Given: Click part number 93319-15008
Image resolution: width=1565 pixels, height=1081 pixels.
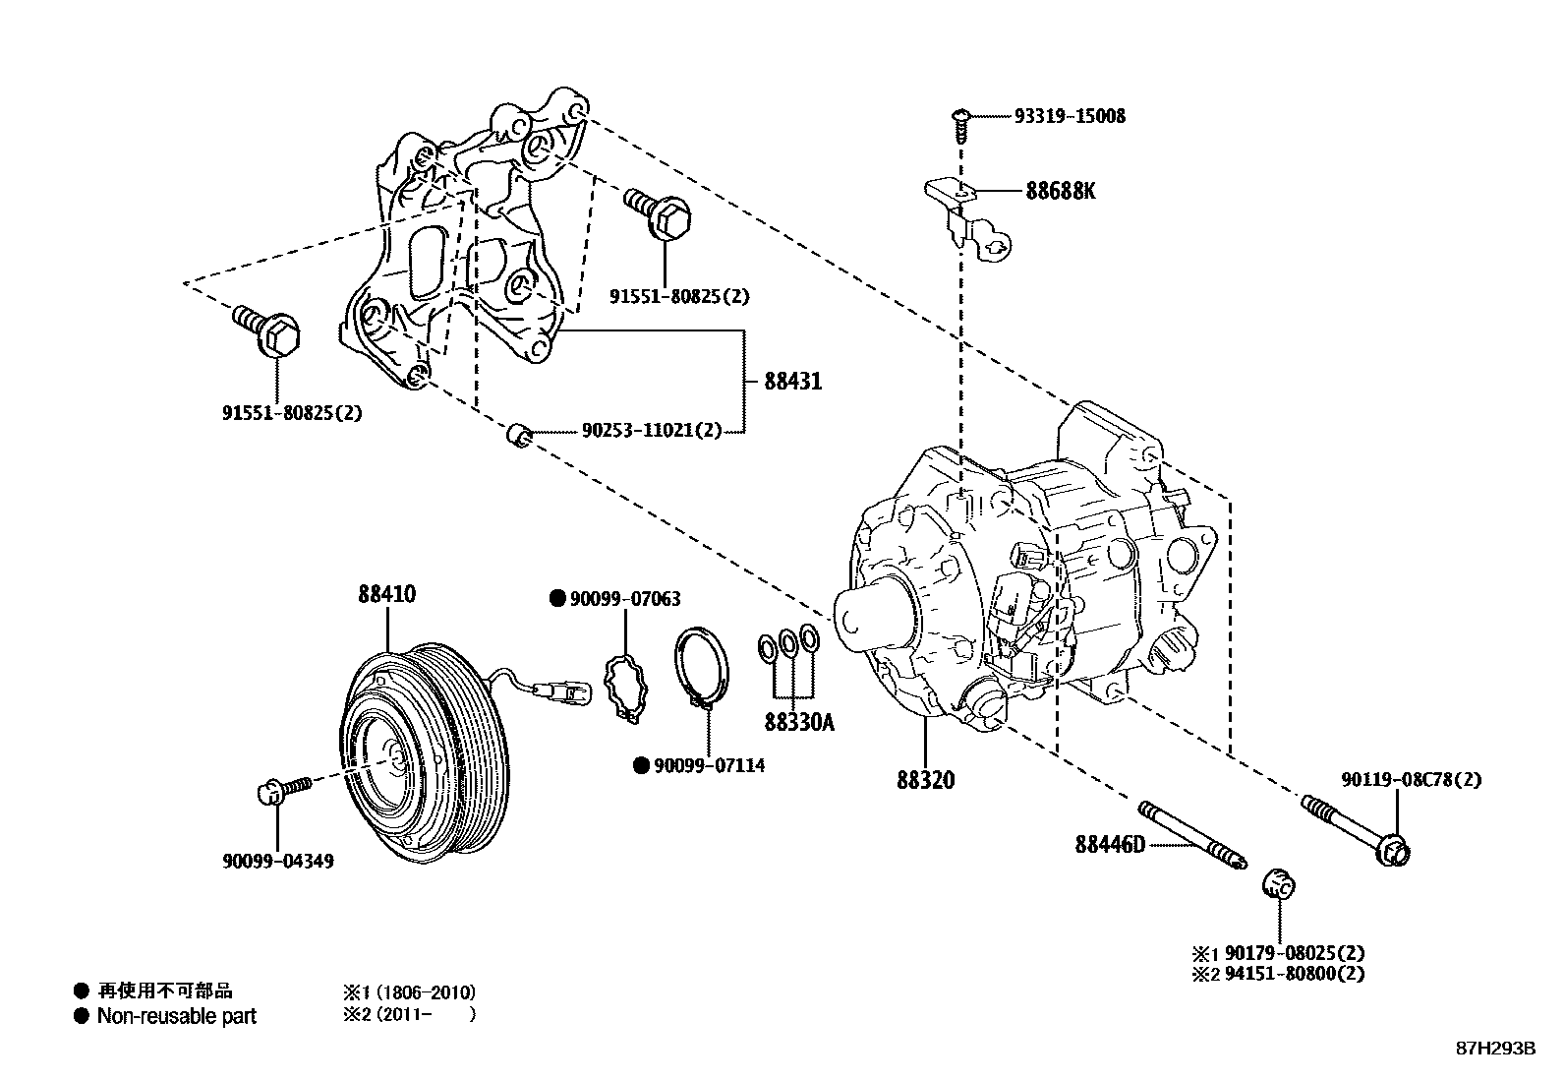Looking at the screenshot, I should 1070,116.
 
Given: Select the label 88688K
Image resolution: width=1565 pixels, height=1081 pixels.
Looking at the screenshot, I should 1060,191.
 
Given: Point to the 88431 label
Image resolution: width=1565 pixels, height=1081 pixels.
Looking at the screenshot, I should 792,382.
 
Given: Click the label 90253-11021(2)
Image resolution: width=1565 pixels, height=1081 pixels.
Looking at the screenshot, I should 651,431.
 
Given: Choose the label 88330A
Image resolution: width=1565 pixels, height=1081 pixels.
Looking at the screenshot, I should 798,723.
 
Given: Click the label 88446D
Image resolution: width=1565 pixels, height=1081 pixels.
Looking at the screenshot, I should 1110,844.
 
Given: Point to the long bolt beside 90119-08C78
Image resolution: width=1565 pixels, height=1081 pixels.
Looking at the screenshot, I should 1357,828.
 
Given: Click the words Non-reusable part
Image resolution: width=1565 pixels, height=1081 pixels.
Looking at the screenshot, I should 176,1016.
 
